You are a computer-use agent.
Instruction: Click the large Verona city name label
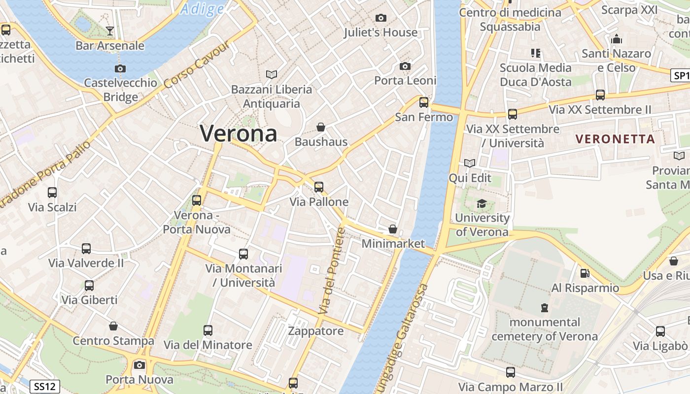pos(239,133)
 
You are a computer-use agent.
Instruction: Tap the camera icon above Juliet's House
pos(380,18)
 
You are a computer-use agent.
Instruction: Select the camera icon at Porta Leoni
pos(405,66)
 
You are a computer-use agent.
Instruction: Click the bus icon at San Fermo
pos(424,102)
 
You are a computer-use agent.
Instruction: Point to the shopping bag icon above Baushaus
pos(321,127)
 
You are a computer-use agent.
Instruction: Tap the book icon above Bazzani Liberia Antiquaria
pos(272,74)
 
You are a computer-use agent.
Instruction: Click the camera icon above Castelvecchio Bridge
pos(120,68)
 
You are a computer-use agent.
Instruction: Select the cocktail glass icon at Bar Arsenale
pos(110,32)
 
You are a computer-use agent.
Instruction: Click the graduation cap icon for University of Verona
pos(482,203)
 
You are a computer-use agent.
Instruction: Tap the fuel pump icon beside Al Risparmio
pos(585,273)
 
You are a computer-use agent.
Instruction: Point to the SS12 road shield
pos(45,387)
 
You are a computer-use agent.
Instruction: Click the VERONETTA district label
pos(616,139)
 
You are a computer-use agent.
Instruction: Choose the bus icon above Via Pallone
pos(319,187)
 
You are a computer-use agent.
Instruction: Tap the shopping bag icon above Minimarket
pos(393,229)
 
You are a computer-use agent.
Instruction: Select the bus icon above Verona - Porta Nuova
pos(197,200)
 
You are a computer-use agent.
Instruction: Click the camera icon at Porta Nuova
pos(139,365)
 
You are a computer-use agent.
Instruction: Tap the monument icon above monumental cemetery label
pos(545,308)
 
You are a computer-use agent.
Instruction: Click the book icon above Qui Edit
pos(470,163)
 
